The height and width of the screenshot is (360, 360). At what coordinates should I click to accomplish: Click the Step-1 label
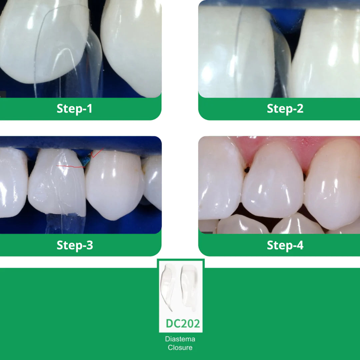pos(74,108)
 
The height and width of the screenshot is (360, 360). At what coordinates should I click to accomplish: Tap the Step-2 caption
pos(285,108)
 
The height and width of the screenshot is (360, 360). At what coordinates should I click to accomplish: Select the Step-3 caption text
pos(75,245)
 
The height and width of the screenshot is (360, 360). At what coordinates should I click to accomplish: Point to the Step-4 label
pos(285,245)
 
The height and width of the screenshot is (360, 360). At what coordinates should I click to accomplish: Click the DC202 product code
pos(183,323)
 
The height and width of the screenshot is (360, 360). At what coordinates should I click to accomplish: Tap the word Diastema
pos(180,339)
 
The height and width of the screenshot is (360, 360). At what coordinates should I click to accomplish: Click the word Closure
pos(180,347)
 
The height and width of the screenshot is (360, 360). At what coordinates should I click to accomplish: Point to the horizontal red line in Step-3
pos(71,166)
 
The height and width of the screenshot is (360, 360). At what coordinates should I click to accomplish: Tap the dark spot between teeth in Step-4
pos(247,170)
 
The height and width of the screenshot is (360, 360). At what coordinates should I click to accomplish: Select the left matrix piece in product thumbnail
pos(167,287)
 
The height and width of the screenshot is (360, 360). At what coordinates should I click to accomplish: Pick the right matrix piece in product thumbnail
pos(189,287)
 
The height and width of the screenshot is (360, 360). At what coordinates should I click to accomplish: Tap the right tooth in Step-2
pos(326,53)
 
